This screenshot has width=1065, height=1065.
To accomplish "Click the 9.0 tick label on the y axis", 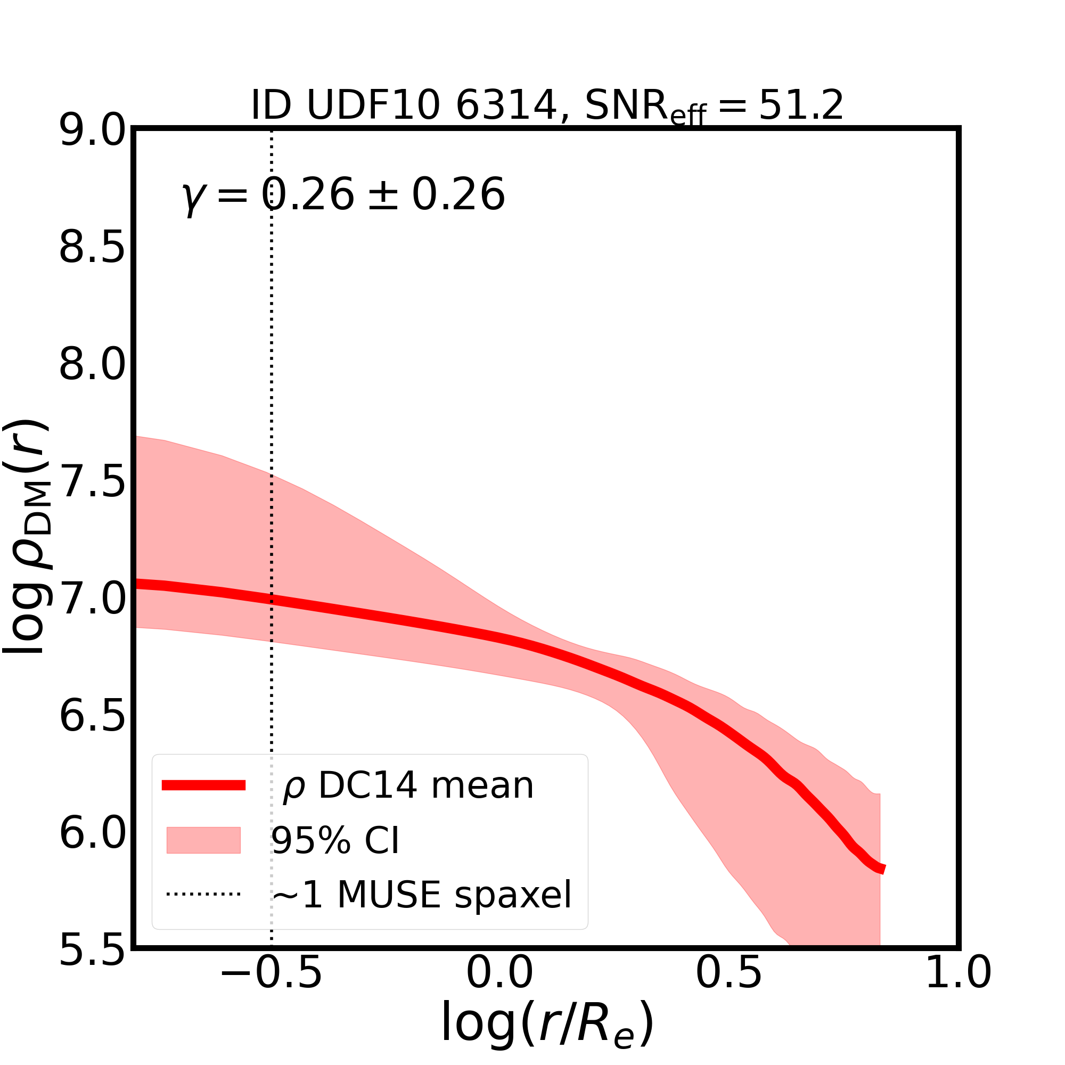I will (93, 130).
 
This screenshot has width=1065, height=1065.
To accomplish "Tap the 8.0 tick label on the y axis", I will (93, 365).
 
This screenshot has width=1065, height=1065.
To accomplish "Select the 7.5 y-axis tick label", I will (93, 482).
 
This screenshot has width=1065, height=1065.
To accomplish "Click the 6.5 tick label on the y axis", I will (93, 717).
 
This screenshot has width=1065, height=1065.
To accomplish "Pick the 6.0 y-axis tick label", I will (93, 833).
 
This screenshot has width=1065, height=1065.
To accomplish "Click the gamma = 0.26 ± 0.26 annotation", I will (343, 195).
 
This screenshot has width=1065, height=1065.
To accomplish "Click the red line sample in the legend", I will (203, 785).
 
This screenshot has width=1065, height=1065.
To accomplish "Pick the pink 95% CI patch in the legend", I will (203, 840).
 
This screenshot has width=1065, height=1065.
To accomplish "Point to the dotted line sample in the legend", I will (203, 894).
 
